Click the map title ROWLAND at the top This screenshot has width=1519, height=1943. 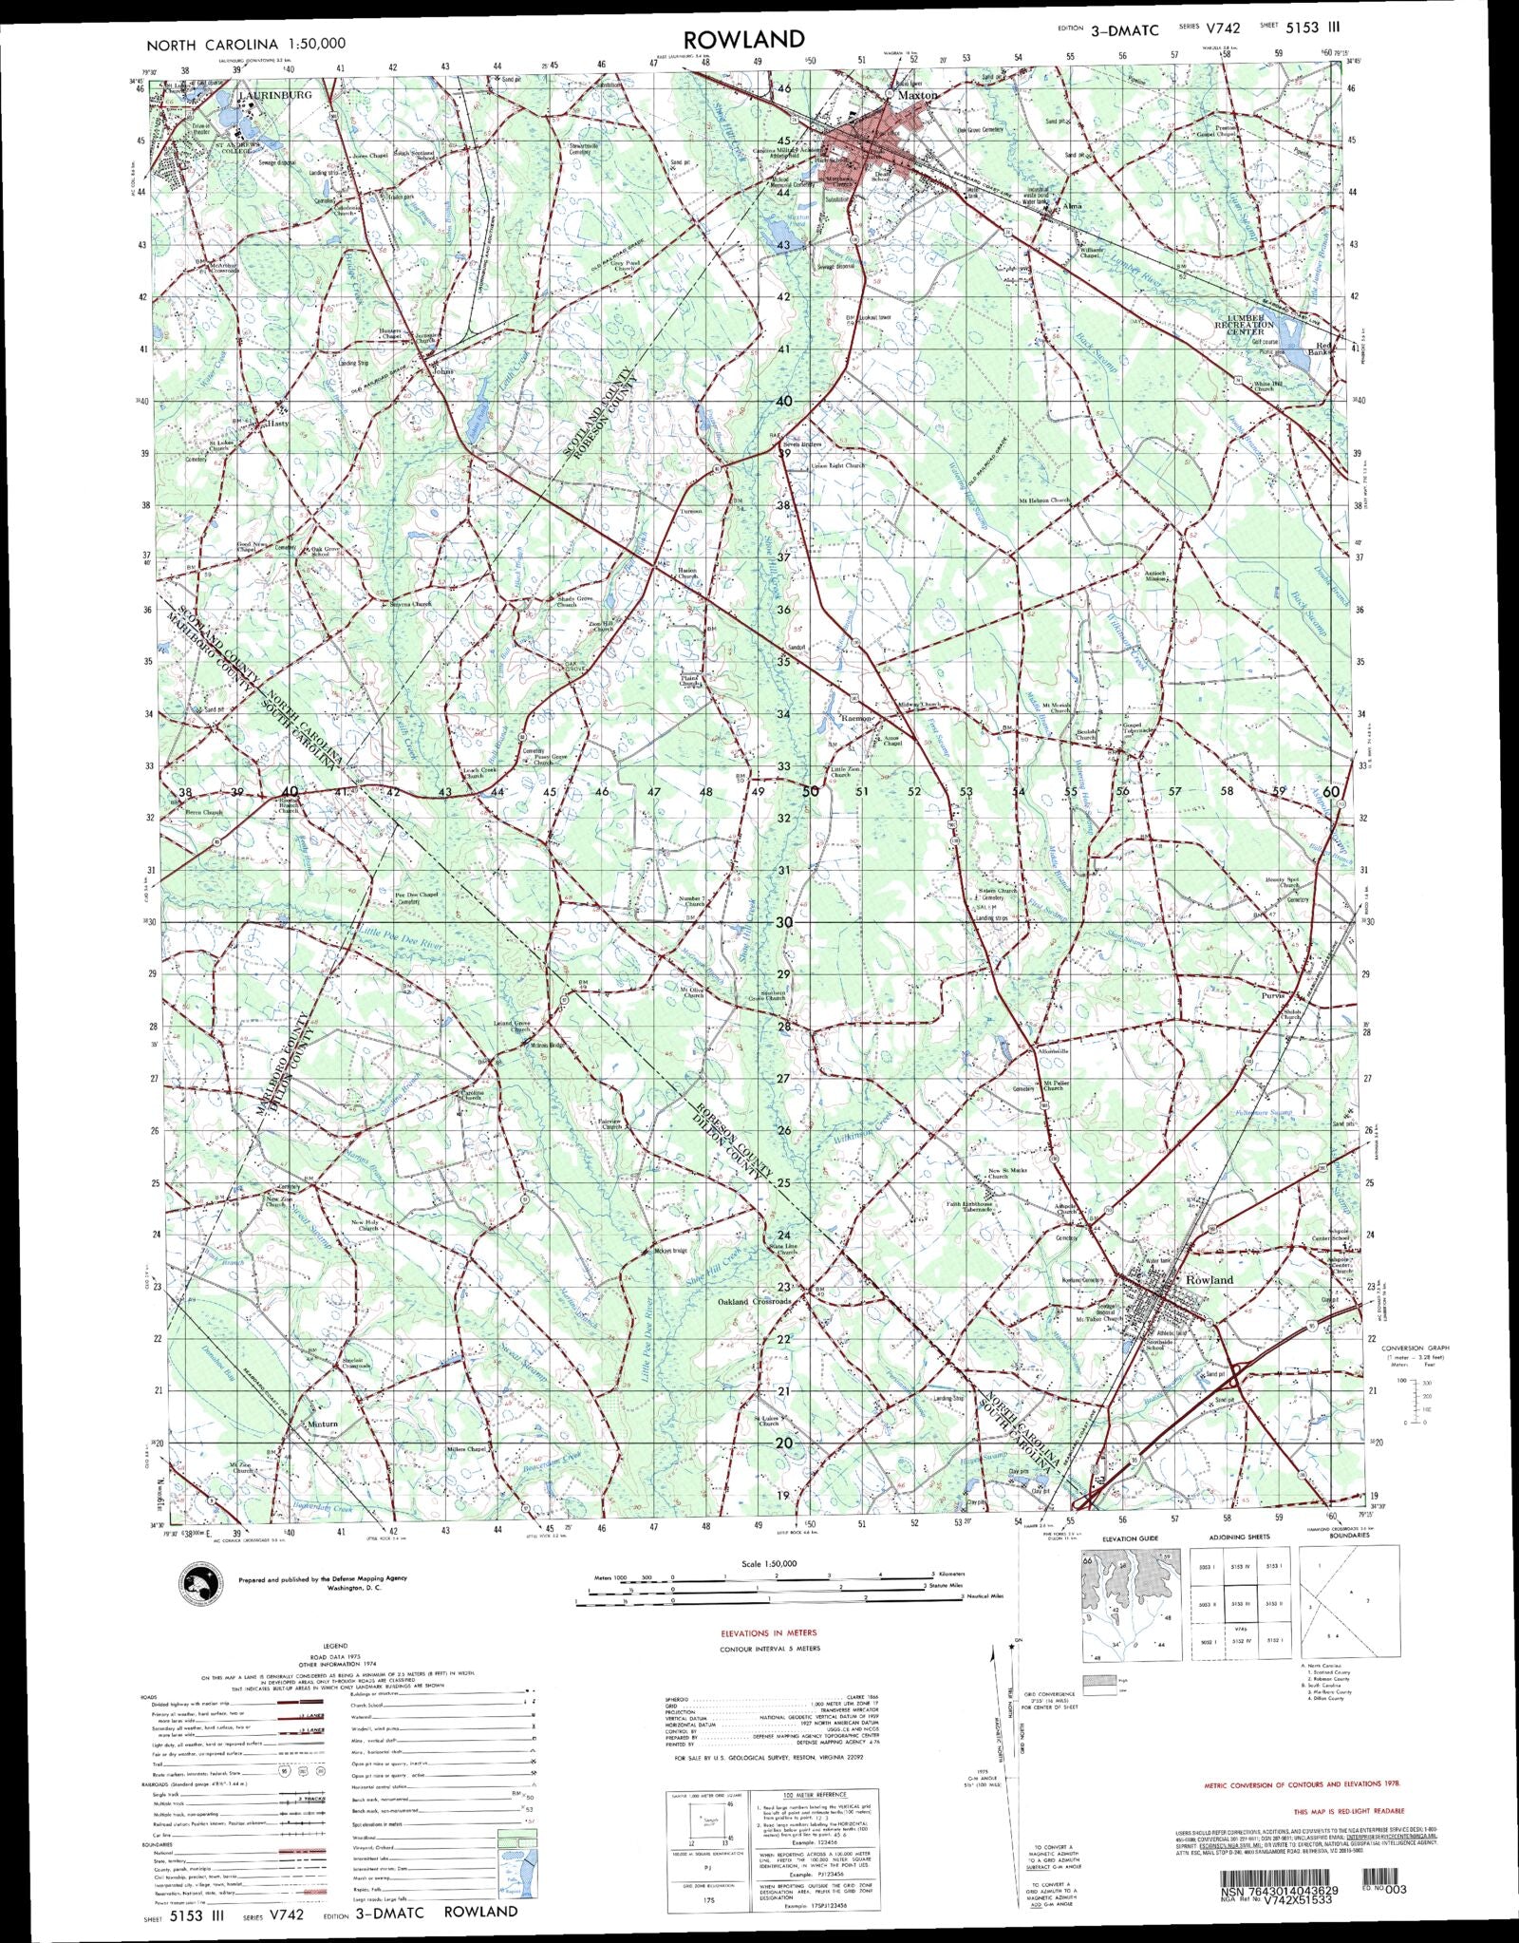pos(743,39)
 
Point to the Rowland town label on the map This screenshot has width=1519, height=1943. pos(1210,1279)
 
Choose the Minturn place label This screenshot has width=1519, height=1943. pos(322,1424)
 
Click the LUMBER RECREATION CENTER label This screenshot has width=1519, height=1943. pos(1245,324)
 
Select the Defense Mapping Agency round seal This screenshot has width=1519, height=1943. pos(200,1583)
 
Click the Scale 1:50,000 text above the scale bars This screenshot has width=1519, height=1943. pos(769,1563)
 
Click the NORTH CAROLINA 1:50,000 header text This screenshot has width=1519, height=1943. pos(245,44)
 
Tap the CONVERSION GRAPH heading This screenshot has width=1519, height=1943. pos(1415,1349)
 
